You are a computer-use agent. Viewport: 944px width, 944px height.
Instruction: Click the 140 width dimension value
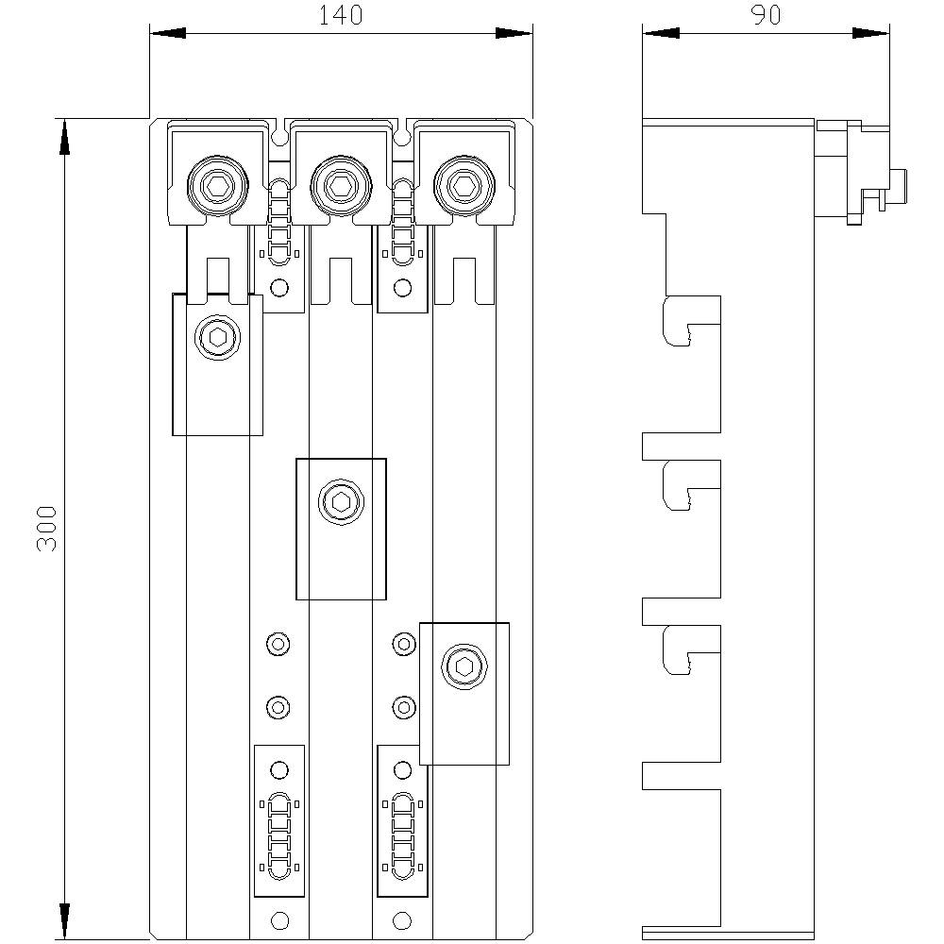pos(341,15)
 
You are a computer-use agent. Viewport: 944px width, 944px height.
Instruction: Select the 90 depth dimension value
pos(765,15)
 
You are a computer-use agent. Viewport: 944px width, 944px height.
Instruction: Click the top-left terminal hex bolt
pos(218,185)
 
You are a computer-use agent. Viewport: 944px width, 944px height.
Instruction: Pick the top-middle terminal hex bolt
pos(340,185)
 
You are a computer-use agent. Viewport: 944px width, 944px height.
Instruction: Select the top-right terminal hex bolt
pos(463,185)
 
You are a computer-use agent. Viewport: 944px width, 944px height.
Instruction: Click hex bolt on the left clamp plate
pos(217,337)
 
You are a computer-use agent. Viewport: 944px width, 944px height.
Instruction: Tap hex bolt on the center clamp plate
pos(340,501)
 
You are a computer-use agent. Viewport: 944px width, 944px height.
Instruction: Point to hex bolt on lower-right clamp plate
pos(464,666)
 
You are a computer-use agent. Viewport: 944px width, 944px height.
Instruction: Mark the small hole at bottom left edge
pos(278,920)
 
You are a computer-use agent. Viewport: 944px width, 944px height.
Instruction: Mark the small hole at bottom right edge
pos(402,920)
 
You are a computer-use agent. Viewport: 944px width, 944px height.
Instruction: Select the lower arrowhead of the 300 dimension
pos(64,921)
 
